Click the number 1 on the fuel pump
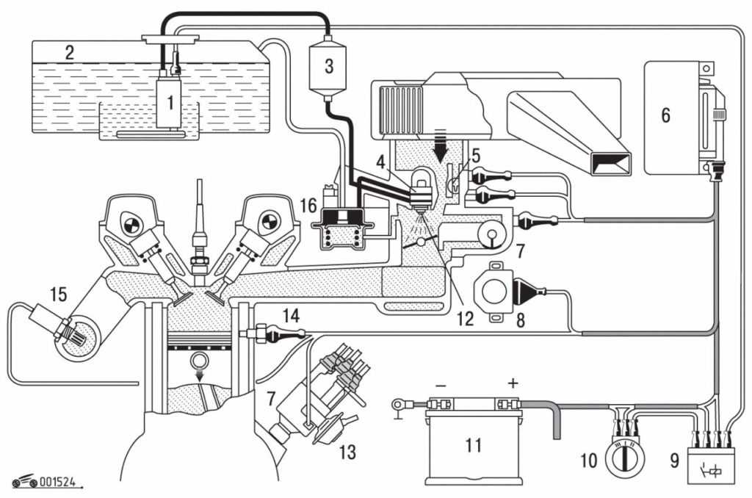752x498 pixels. [170, 104]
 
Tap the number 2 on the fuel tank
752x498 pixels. [70, 52]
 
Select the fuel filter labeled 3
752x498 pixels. [328, 66]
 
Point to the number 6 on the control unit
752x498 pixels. [665, 115]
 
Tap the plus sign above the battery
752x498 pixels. [512, 383]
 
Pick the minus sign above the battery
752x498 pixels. [440, 383]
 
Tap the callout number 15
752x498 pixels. [58, 295]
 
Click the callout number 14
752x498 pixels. [292, 317]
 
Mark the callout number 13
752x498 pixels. [346, 452]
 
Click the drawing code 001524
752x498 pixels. [59, 483]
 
